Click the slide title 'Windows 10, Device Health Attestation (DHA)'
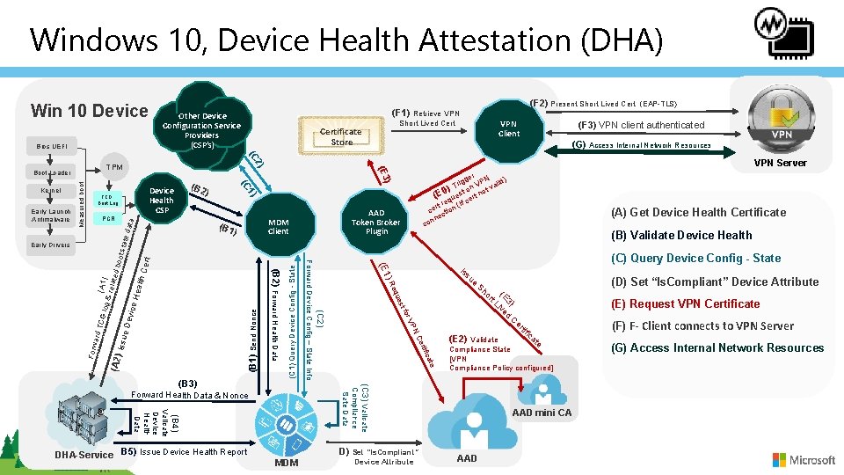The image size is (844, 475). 346,40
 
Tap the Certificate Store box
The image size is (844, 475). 341,136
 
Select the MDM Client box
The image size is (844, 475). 278,226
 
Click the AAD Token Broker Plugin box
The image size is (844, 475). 376,222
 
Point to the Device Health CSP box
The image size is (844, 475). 162,200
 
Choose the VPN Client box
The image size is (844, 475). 508,128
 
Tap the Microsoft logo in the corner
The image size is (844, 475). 804,459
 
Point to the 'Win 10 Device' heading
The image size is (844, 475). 89,111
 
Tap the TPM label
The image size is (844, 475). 114,166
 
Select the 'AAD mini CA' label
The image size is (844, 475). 541,413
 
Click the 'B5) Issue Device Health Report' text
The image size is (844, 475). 184,452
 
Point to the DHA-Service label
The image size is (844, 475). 84,455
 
